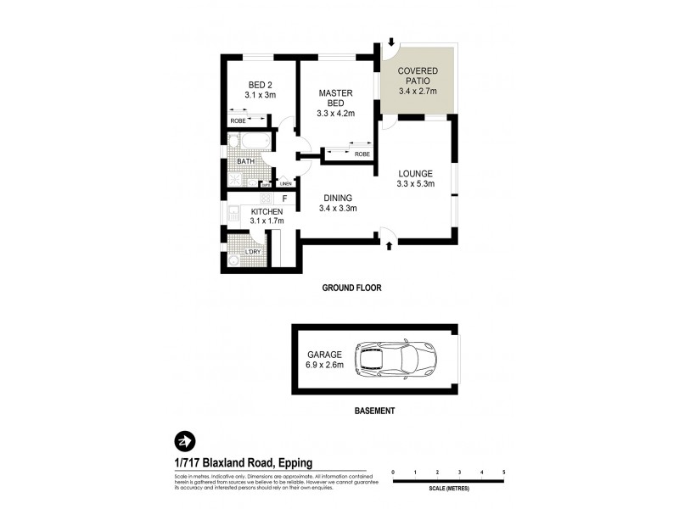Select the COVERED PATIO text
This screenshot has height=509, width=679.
(416, 76)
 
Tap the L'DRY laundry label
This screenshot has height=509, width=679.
(253, 253)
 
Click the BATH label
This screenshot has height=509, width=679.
(245, 161)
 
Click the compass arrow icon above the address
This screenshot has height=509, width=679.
(184, 440)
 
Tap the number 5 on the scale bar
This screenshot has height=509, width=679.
(503, 471)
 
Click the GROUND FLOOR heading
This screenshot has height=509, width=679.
(351, 288)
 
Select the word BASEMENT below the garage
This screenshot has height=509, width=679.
(374, 411)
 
